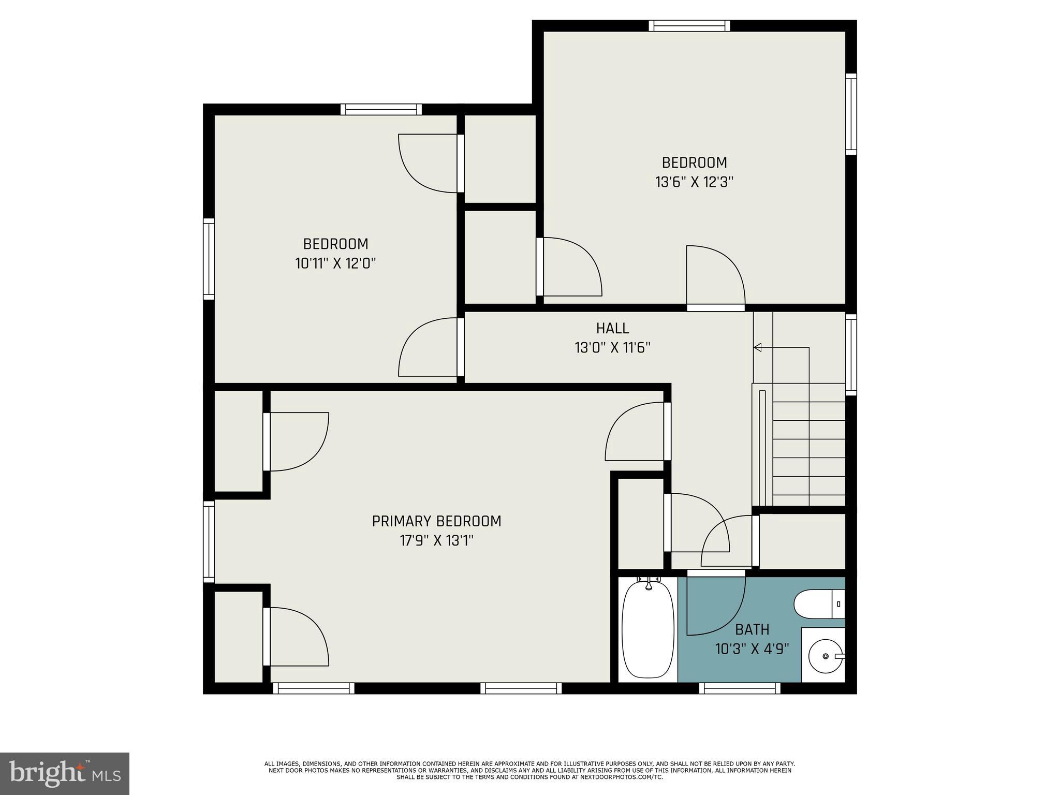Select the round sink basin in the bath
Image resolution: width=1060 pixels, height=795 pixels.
click(x=825, y=656)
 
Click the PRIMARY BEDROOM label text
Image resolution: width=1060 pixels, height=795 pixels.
click(x=436, y=521)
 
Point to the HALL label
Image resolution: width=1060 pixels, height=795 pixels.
click(x=612, y=328)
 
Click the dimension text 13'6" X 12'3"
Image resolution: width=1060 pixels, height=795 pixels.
click(x=694, y=182)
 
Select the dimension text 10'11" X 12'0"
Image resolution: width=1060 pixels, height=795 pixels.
click(x=335, y=263)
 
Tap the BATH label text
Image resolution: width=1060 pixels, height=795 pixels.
click(x=752, y=630)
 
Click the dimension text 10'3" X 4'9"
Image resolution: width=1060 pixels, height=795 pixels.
click(x=752, y=649)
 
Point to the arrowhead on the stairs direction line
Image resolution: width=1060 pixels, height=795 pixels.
click(x=758, y=347)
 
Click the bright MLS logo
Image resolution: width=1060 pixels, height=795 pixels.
click(x=64, y=773)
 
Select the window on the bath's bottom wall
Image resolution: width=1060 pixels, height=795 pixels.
click(x=739, y=688)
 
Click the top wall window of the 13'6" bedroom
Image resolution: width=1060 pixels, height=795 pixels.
click(x=689, y=26)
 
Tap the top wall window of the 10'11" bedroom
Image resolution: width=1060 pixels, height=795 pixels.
click(x=381, y=109)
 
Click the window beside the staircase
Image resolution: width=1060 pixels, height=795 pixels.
click(x=850, y=355)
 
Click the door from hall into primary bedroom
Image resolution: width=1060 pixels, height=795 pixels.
click(x=667, y=431)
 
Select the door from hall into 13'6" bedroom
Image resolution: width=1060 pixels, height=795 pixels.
click(x=715, y=307)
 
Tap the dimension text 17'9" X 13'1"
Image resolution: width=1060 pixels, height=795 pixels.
click(x=436, y=541)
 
